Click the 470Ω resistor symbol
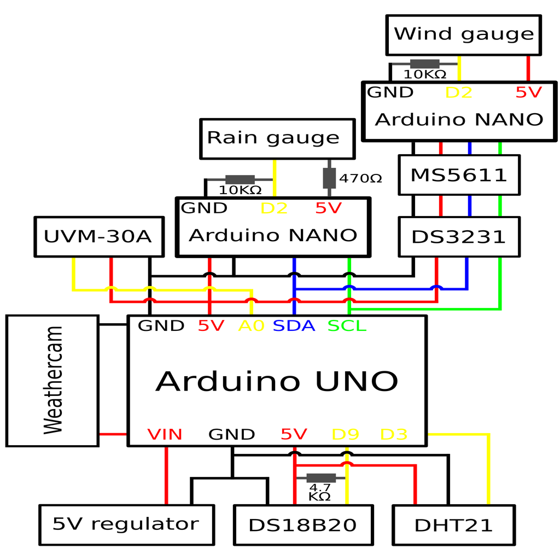point(329,178)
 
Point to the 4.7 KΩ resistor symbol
point(321,478)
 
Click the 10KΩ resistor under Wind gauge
point(424,64)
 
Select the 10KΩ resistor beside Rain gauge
point(240,179)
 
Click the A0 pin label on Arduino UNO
point(252,326)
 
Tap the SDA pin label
point(294,326)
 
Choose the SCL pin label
point(347,326)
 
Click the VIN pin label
point(165,434)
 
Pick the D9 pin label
point(346,434)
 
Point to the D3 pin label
point(394,434)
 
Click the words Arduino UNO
point(277,381)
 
